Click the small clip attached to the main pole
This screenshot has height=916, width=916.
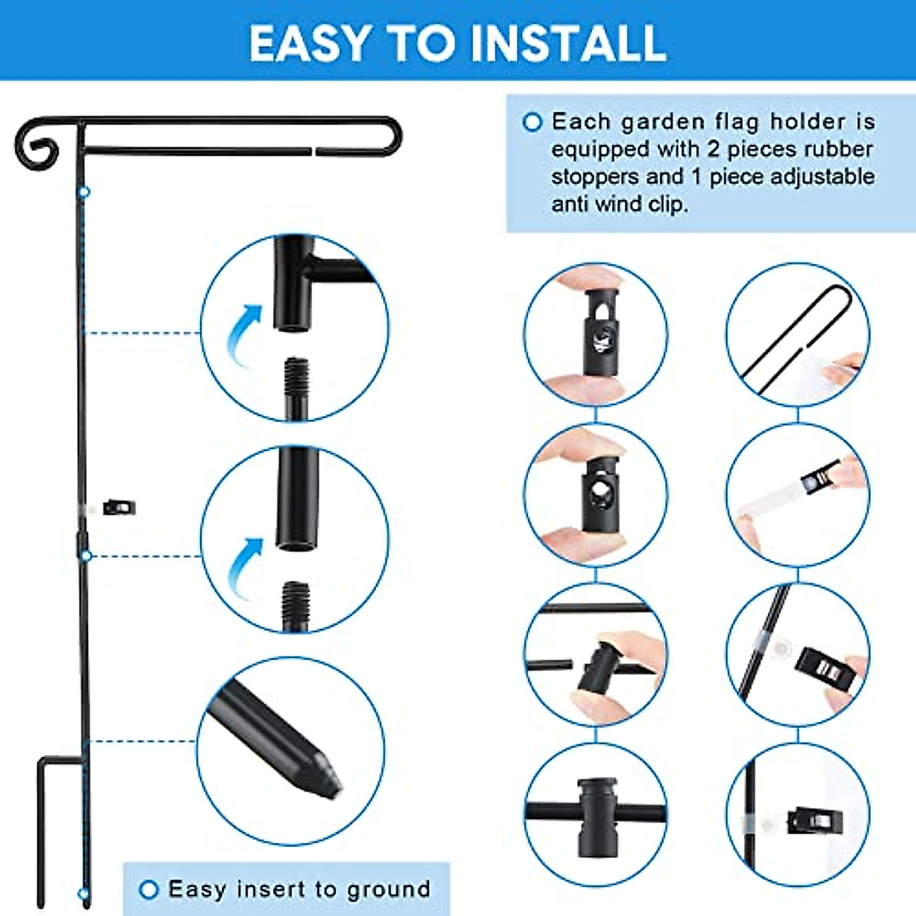[x=119, y=506]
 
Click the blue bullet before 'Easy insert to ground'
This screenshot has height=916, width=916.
[x=149, y=889]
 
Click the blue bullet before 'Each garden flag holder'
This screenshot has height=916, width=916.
[x=532, y=122]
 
